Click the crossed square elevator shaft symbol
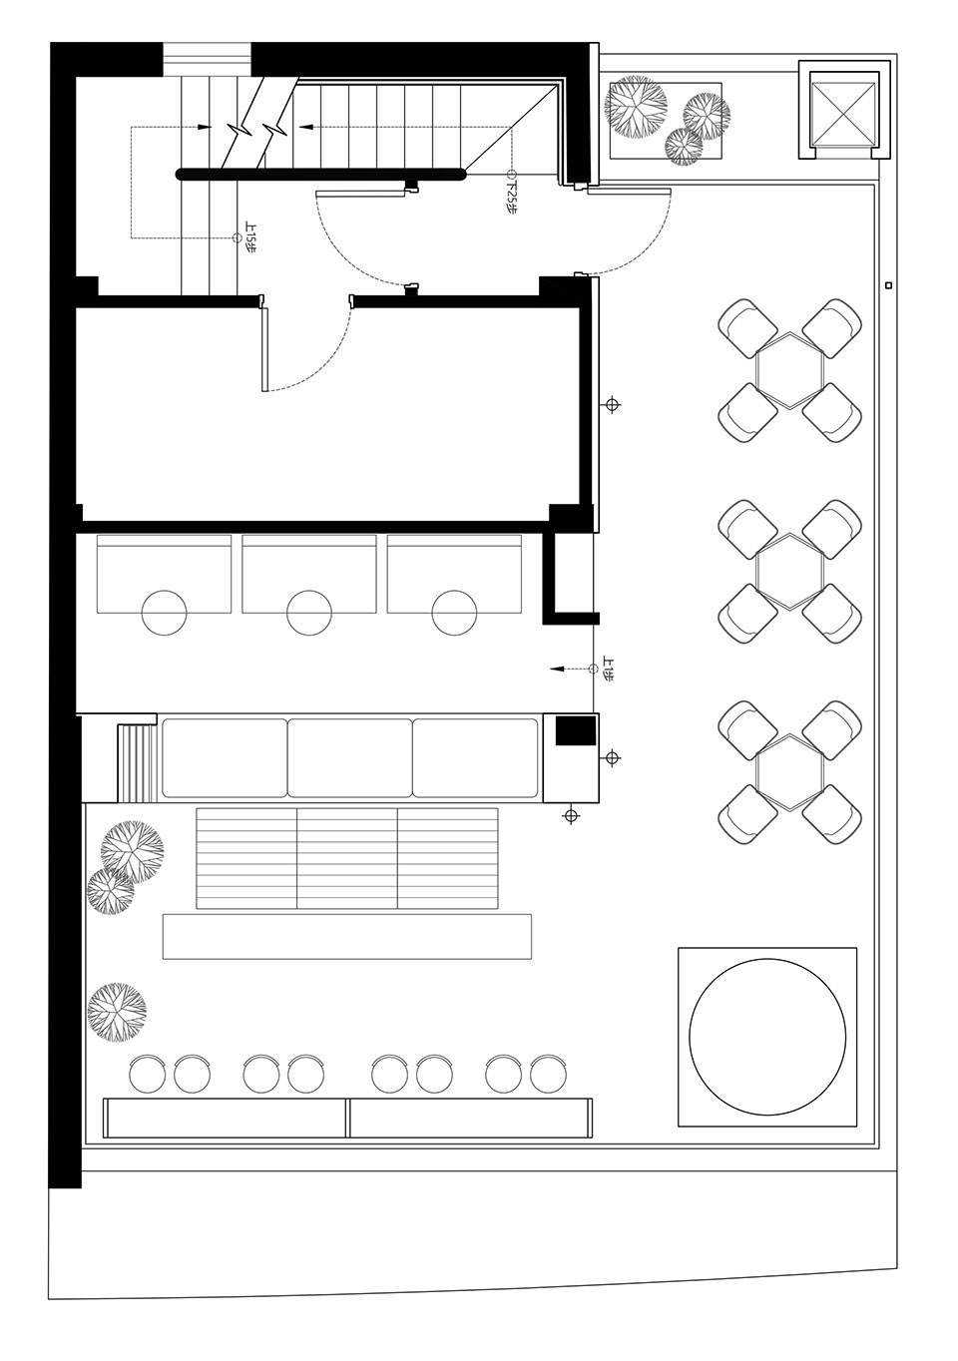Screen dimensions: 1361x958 (840, 112)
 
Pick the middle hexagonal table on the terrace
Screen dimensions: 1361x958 (789, 570)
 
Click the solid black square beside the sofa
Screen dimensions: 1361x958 (575, 731)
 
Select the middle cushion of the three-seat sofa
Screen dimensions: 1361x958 (350, 757)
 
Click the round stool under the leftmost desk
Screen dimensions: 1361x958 (164, 612)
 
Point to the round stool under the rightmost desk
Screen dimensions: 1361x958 (454, 612)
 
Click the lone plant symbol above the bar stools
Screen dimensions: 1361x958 (116, 1010)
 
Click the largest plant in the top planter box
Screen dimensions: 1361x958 (636, 106)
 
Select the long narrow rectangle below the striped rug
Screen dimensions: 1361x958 (346, 936)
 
